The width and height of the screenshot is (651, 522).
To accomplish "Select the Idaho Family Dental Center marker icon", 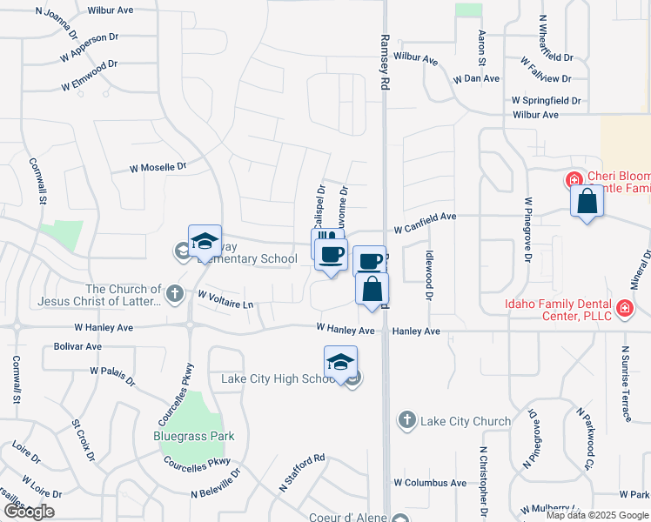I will (624, 309).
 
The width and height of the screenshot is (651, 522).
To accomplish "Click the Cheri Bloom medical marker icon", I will (574, 181).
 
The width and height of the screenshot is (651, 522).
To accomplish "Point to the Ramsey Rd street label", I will (384, 63).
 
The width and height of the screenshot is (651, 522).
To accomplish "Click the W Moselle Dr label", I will (158, 166).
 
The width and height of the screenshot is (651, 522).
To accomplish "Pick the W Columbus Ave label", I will (430, 482).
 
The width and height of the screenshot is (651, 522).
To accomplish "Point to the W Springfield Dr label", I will (546, 101).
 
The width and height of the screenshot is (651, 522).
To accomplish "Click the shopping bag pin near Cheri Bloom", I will (587, 201).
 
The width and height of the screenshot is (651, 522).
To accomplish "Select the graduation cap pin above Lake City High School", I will (341, 361).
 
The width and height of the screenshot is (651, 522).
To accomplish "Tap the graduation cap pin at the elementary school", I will (205, 241).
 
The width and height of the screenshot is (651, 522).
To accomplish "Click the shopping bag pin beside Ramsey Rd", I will (372, 290).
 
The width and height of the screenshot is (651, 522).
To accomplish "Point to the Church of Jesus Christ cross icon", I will (174, 292).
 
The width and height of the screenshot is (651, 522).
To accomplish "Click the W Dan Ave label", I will (476, 78).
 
